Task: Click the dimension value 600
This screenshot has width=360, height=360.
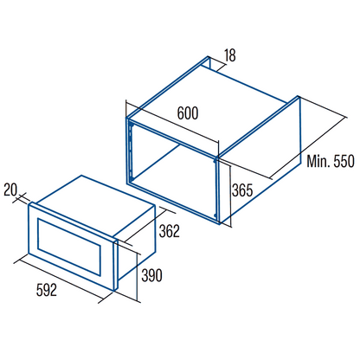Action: click(x=188, y=113)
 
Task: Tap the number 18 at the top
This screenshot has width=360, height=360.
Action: click(x=230, y=55)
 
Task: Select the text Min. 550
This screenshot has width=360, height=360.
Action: click(x=331, y=161)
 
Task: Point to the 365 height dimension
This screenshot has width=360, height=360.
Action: click(x=242, y=190)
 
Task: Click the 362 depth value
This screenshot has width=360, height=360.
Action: click(x=170, y=231)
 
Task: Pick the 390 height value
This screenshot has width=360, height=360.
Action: click(x=151, y=275)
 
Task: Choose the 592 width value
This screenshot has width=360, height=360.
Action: click(x=47, y=290)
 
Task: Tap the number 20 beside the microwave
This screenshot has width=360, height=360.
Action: click(x=10, y=190)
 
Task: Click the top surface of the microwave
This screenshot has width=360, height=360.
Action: click(x=92, y=205)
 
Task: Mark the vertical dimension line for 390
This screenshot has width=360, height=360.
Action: click(x=138, y=278)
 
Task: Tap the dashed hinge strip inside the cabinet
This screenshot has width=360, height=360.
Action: click(x=132, y=151)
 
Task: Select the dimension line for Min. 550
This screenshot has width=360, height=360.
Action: click(x=309, y=148)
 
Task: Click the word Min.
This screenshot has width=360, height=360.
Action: click(x=318, y=161)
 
